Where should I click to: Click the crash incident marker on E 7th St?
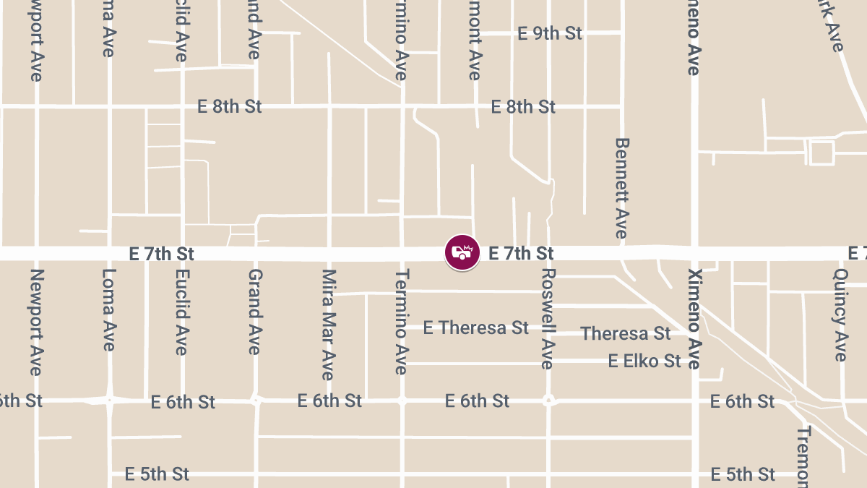462,253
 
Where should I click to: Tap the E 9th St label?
550,33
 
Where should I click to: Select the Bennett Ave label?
621,187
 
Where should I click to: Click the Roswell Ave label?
548,319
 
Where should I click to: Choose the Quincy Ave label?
840,315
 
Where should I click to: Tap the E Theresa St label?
476,328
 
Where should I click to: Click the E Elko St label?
644,360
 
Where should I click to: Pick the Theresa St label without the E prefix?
626,333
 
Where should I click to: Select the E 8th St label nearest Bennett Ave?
523,107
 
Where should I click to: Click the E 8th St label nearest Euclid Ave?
230,107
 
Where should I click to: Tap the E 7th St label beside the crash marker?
521,253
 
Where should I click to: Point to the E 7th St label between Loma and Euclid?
162,254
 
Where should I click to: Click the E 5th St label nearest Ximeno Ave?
743,474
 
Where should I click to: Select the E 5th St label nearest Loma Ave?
157,474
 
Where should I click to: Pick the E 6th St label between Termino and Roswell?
477,401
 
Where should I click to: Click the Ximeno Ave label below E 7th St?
694,319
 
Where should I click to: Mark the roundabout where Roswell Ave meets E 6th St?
548,400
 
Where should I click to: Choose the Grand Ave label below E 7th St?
254,312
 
